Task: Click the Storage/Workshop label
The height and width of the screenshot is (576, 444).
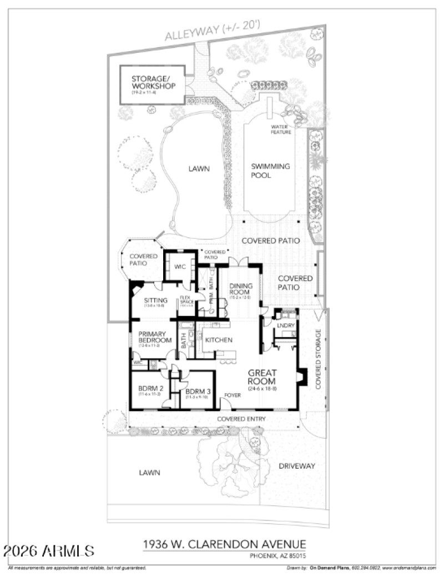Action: (x=154, y=82)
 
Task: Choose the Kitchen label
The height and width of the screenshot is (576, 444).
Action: (x=219, y=340)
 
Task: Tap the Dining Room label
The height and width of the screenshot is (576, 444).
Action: (x=241, y=289)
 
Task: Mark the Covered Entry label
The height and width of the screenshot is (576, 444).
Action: (x=241, y=419)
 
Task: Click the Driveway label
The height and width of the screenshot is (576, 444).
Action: (x=297, y=465)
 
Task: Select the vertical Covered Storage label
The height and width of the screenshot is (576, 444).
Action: (x=319, y=359)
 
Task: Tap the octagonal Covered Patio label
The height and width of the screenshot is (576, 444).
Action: (x=144, y=259)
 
